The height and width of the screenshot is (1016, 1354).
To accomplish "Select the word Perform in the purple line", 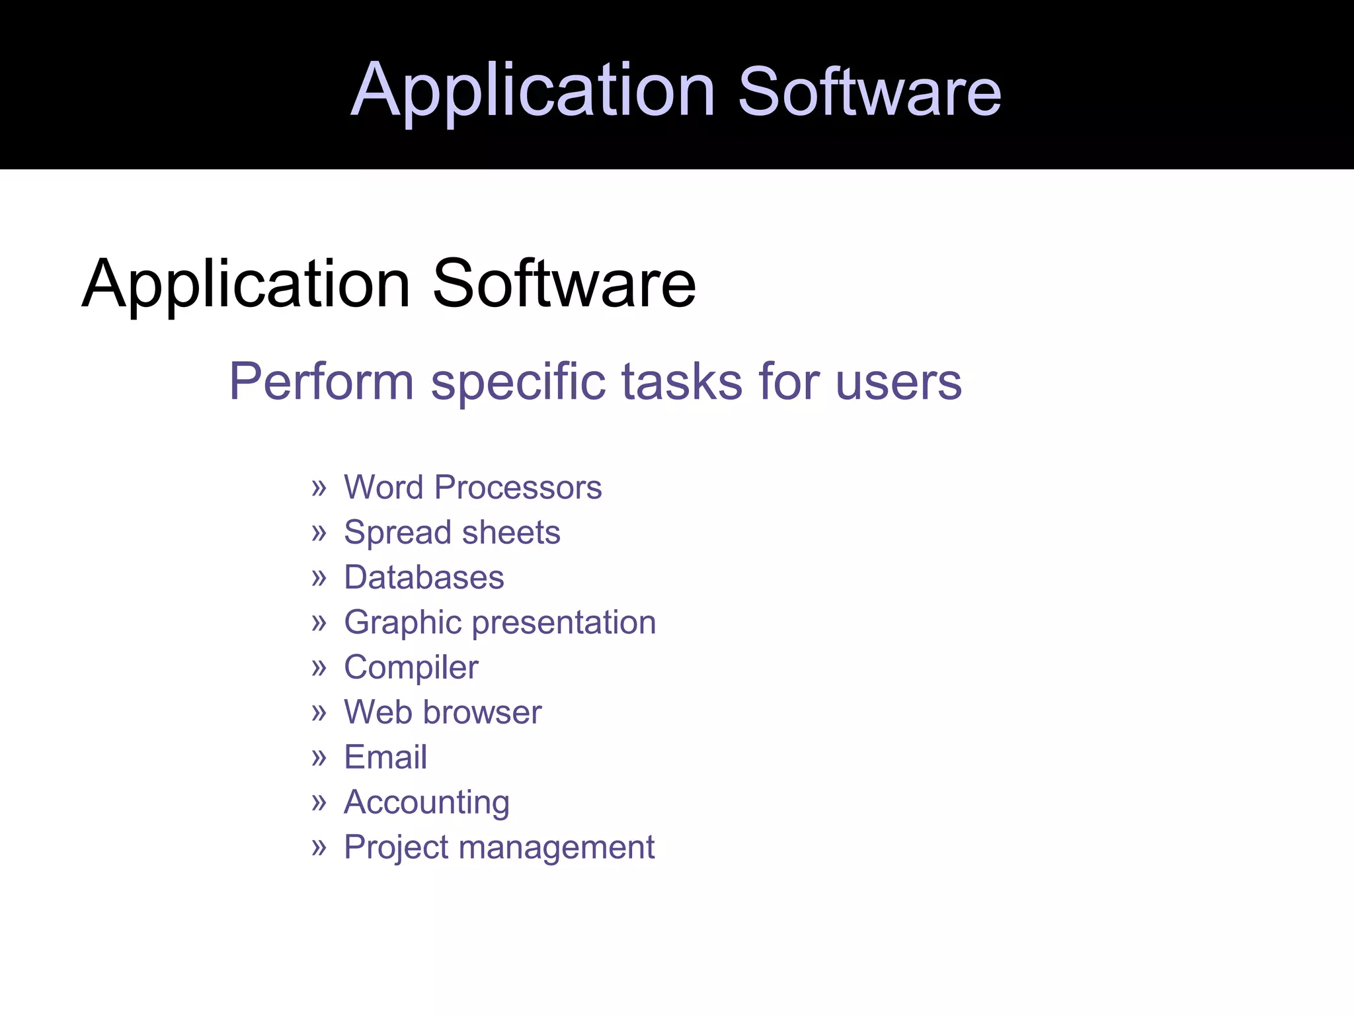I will (x=321, y=382).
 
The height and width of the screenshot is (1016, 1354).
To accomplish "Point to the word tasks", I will (x=682, y=382).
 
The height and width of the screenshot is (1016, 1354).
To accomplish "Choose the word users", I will (x=898, y=382).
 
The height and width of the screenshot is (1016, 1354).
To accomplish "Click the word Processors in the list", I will (x=518, y=487).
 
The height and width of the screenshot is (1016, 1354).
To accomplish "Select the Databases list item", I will (x=424, y=577).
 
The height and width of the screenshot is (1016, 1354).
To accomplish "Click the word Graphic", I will (x=403, y=623).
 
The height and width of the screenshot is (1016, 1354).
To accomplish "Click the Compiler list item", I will (x=411, y=667).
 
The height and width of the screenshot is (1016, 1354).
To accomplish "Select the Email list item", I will (x=385, y=757).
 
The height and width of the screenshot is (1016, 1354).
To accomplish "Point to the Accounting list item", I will (x=426, y=803).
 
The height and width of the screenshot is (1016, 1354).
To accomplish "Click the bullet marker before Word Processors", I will (x=319, y=488).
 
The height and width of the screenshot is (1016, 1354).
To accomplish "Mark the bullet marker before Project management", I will (x=319, y=847).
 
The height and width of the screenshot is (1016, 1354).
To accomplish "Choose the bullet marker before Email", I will (x=319, y=757).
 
